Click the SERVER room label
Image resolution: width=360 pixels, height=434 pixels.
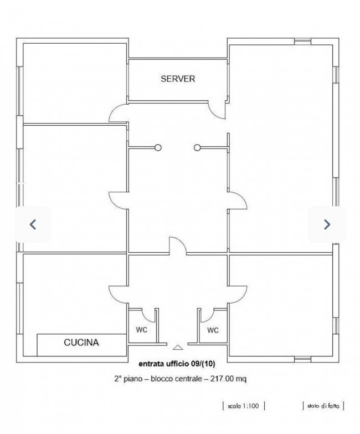[178, 79]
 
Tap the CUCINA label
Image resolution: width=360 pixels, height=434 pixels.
[81, 343]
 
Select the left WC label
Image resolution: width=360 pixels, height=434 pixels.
[142, 330]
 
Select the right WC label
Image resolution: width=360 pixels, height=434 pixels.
[213, 330]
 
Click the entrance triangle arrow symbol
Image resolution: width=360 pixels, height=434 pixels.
[178, 348]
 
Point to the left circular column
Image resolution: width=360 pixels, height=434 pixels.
[158, 147]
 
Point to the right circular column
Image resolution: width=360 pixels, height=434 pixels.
[197, 147]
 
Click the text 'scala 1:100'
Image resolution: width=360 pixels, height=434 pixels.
[243, 406]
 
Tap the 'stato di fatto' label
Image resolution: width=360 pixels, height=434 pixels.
[323, 406]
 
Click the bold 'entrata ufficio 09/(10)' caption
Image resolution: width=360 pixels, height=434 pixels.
[177, 364]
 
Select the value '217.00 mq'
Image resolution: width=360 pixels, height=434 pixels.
[228, 379]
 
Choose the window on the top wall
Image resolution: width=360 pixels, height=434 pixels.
[302, 42]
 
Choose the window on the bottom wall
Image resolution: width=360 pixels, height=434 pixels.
[302, 359]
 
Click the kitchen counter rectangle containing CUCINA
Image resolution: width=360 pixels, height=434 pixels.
[82, 345]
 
